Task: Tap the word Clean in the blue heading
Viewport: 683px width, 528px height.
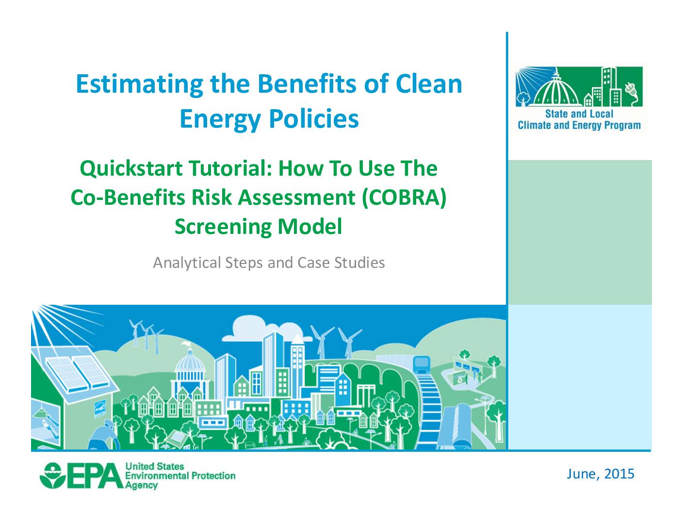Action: pos(429,84)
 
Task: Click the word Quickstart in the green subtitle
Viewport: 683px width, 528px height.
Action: pos(131,169)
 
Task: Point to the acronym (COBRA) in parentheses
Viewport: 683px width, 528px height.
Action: pos(404,198)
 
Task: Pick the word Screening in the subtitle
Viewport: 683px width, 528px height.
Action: pos(223,227)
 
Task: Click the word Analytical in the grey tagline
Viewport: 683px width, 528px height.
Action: pos(187,263)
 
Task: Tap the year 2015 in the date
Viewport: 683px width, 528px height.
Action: pos(619,474)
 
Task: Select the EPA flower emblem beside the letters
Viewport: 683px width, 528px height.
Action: pos(52,476)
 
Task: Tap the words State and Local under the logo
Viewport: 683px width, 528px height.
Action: pos(579,114)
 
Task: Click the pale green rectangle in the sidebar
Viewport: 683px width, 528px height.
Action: pos(580,232)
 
